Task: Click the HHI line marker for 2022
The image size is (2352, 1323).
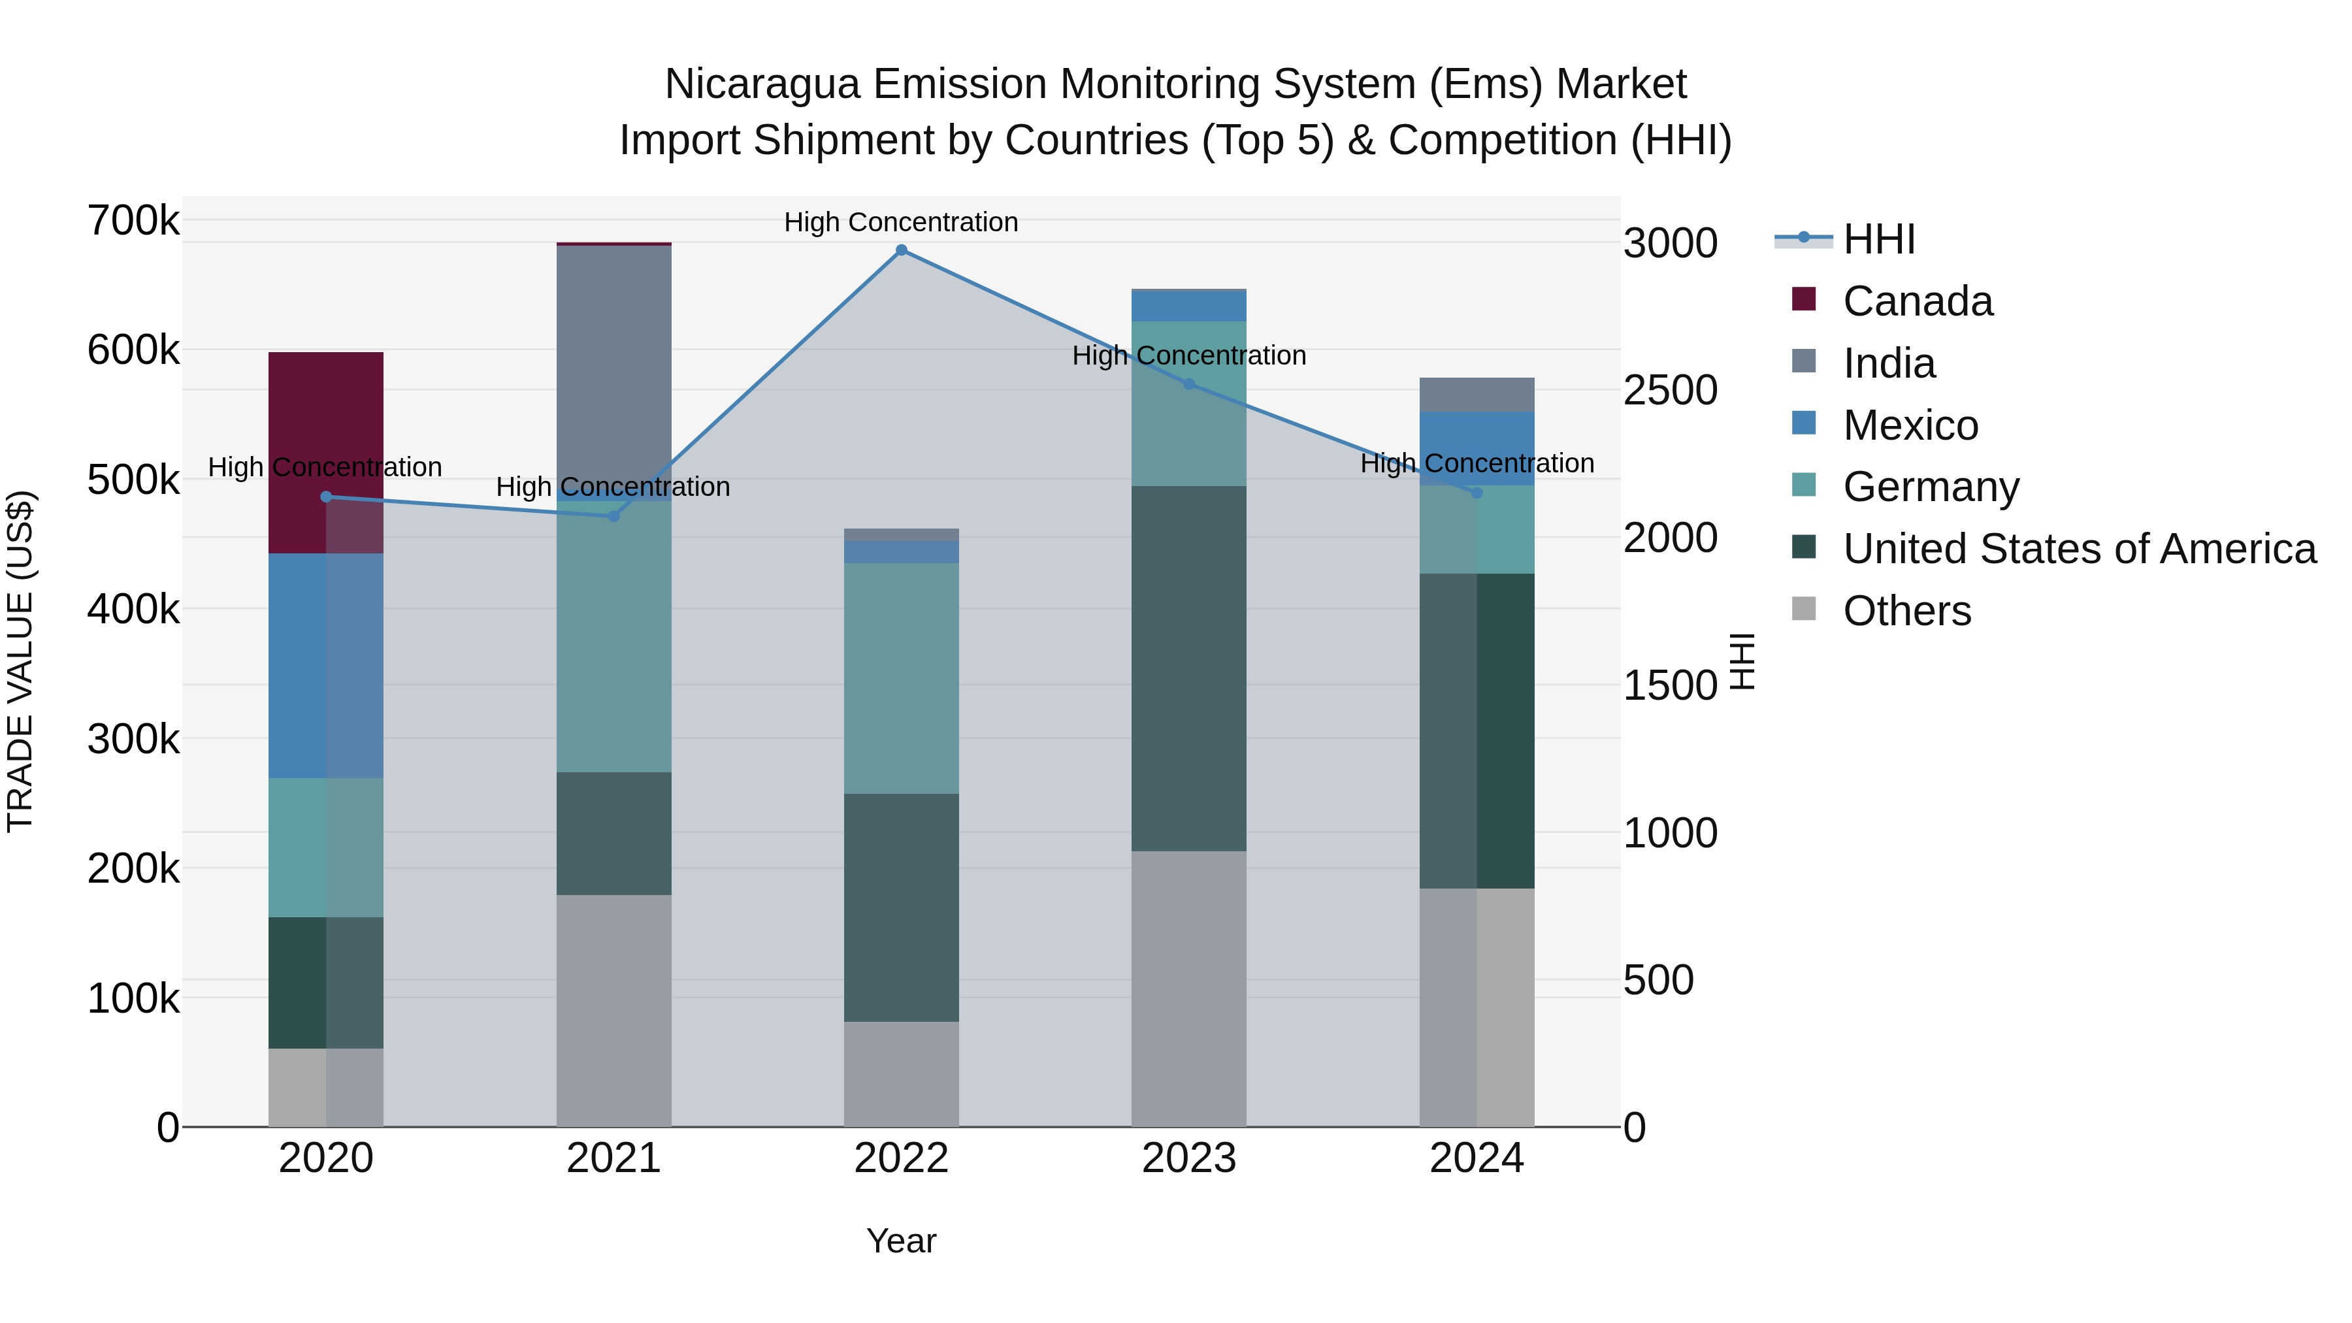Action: (x=901, y=250)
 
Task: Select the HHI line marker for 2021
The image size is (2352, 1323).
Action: (x=613, y=516)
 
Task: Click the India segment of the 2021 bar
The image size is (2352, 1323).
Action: (x=613, y=365)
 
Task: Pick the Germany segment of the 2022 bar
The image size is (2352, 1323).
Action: (x=901, y=678)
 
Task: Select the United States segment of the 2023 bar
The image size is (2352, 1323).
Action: (x=1189, y=668)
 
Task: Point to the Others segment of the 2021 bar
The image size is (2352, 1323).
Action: (x=613, y=1010)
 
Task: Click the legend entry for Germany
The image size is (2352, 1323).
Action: (x=1930, y=487)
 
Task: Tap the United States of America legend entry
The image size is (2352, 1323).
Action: (x=2079, y=549)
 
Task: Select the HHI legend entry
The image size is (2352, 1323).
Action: (x=1878, y=239)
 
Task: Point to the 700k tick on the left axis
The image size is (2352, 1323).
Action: (x=133, y=220)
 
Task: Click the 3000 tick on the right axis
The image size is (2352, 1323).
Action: (x=1670, y=243)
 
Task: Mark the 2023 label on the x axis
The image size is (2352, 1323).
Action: (x=1189, y=1158)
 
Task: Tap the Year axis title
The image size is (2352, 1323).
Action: (x=901, y=1241)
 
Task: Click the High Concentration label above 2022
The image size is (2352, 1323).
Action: (x=901, y=222)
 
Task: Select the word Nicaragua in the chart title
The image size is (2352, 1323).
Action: (x=762, y=84)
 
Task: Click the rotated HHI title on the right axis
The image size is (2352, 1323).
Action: (x=1742, y=661)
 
